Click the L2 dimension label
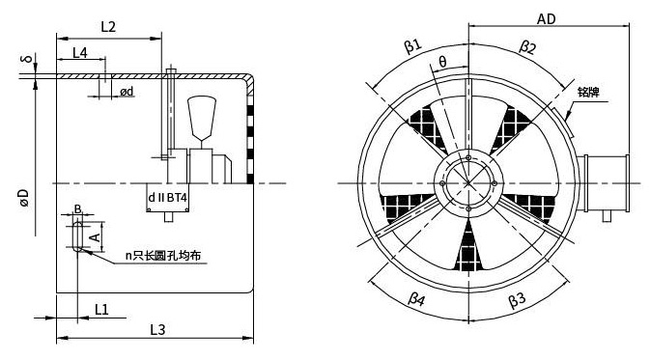pyautogui.click(x=108, y=27)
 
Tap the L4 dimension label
pyautogui.click(x=80, y=53)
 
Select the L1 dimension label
pyautogui.click(x=101, y=310)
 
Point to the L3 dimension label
pyautogui.click(x=157, y=330)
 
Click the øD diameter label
pyautogui.click(x=24, y=198)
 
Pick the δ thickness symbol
pyautogui.click(x=27, y=59)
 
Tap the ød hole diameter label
pyautogui.click(x=127, y=91)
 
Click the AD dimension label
pyautogui.click(x=546, y=19)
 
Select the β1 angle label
pyautogui.click(x=412, y=45)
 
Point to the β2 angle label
pyautogui.click(x=527, y=47)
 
